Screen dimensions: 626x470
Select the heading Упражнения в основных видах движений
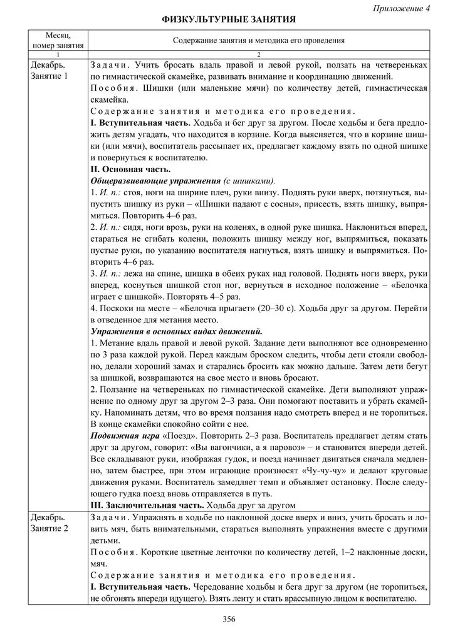(x=177, y=330)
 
